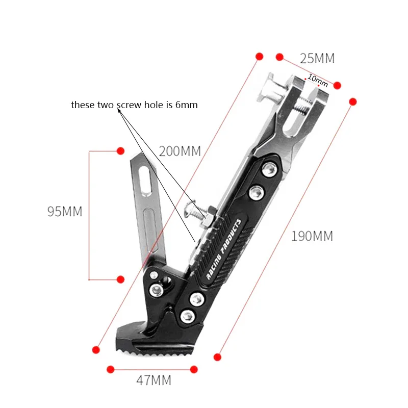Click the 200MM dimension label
(x=180, y=151)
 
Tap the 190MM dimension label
(x=312, y=236)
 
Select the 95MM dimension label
(x=65, y=212)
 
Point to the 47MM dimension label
(x=154, y=380)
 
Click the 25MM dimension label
(x=317, y=59)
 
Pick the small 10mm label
(x=318, y=81)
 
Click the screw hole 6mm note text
(x=134, y=105)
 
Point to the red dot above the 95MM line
(x=121, y=151)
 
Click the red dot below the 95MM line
(x=121, y=279)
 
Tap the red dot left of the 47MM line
(x=109, y=368)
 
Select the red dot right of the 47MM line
(x=194, y=368)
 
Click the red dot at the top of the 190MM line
(x=353, y=102)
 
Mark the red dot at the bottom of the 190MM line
(x=218, y=357)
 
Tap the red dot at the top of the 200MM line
(x=260, y=56)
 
